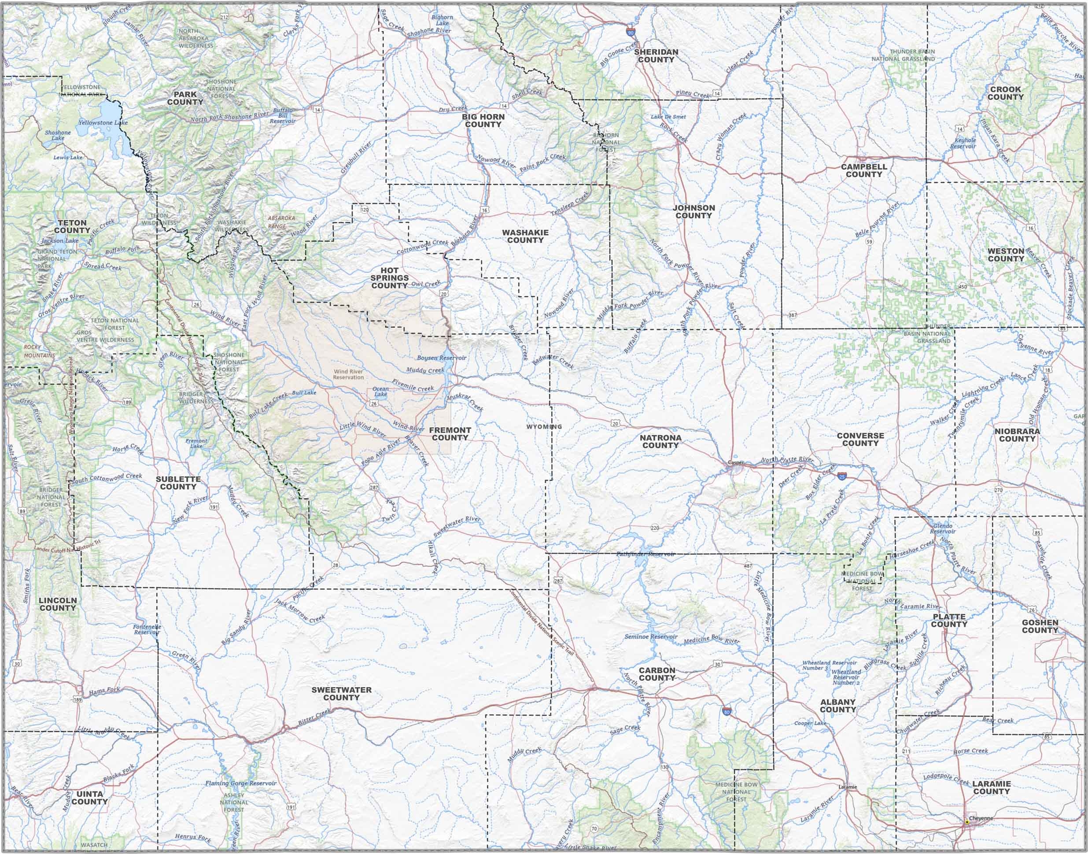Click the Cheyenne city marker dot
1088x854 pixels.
point(966,821)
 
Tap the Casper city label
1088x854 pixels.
point(736,462)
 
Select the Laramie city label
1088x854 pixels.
point(848,787)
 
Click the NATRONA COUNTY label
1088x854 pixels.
point(660,441)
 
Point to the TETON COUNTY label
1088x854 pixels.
point(72,226)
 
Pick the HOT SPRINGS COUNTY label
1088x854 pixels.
point(389,278)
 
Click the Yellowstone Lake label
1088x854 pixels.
point(103,122)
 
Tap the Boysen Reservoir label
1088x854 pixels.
point(441,358)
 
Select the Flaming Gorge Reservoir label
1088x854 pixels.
point(240,783)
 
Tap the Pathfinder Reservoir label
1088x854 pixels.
point(645,554)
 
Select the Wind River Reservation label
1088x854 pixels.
point(348,374)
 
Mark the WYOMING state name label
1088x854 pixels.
point(544,426)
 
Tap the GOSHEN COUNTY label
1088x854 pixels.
point(1040,626)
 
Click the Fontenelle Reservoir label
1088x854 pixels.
point(147,629)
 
